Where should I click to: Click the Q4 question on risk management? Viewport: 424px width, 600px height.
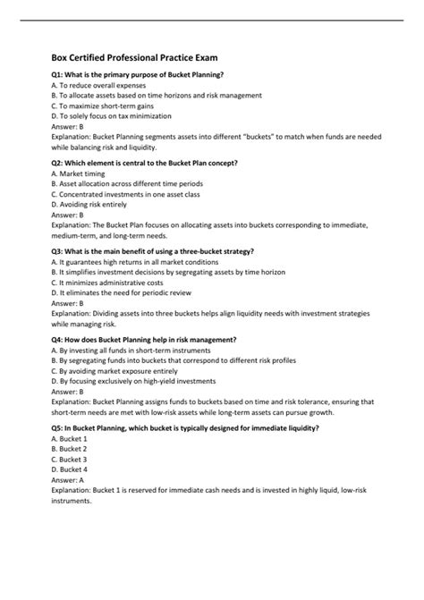pos(143,340)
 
